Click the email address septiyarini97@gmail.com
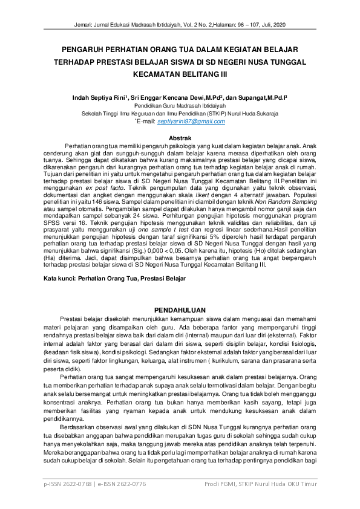(x=191, y=122)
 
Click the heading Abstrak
(x=179, y=138)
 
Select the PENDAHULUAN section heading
(x=180, y=307)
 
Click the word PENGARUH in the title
(x=91, y=50)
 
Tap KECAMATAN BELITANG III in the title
(x=180, y=74)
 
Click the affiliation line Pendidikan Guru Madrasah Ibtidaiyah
(x=180, y=105)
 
